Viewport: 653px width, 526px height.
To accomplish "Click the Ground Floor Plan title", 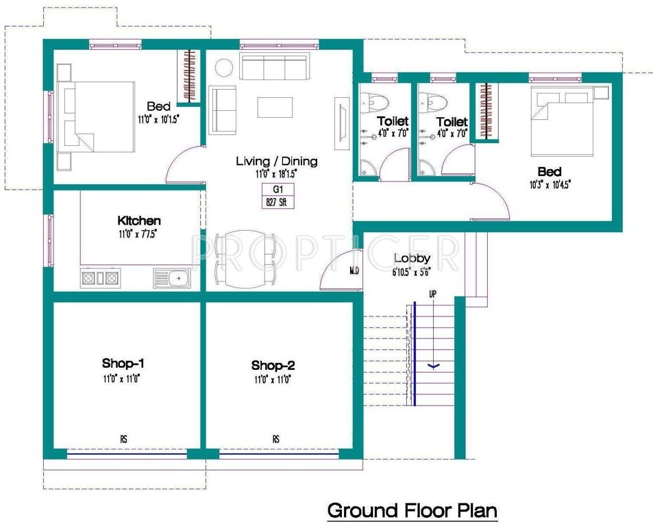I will [411, 510].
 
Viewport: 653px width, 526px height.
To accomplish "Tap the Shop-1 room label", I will [123, 363].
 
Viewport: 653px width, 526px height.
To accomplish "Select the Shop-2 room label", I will [273, 365].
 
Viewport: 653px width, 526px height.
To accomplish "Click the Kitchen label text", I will [139, 221].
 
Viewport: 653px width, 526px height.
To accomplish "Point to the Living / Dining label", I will [276, 161].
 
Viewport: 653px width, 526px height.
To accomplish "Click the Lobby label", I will [412, 258].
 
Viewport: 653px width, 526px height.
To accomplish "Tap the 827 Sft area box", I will [277, 201].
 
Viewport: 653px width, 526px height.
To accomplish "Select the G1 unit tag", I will [277, 190].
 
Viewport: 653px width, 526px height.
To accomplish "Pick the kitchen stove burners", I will [100, 278].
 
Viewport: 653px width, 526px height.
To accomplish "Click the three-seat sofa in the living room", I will [273, 68].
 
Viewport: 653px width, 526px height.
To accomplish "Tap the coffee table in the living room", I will [275, 108].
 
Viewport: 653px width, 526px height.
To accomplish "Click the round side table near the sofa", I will [223, 68].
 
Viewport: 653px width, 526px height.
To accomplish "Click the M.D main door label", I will [354, 271].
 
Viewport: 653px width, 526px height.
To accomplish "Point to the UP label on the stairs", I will [432, 294].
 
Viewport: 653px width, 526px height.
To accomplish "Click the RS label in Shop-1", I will [124, 438].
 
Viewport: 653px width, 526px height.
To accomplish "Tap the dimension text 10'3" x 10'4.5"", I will [549, 184].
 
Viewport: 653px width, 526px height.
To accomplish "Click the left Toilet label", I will [393, 121].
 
